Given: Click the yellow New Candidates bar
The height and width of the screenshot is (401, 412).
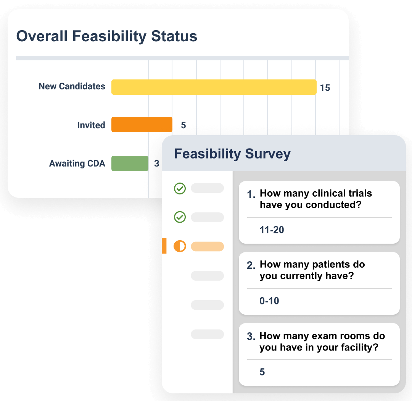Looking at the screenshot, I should (x=214, y=87).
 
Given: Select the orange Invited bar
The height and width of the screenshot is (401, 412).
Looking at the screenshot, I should (x=142, y=125).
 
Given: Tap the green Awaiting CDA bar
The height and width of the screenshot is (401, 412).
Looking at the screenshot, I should (x=130, y=163).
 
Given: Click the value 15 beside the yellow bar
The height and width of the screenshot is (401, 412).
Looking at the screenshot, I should (x=325, y=88).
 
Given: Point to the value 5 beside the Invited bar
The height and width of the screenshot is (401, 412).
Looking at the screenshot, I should (x=183, y=125).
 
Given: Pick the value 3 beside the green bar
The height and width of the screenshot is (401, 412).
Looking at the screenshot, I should (x=156, y=163).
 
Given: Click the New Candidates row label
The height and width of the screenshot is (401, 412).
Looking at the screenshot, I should (x=72, y=86).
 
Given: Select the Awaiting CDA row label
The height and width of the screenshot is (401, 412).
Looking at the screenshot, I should (x=77, y=163).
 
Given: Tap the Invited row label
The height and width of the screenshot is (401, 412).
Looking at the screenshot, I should (x=91, y=125).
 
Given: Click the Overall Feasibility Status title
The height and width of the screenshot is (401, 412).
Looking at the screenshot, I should (x=107, y=36).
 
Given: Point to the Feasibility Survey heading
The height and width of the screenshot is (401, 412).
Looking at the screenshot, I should (x=232, y=154).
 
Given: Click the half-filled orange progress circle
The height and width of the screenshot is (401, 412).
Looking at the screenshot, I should (x=180, y=246).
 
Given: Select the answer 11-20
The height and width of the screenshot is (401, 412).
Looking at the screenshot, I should (x=272, y=230).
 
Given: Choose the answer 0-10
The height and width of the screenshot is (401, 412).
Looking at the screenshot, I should (x=269, y=301).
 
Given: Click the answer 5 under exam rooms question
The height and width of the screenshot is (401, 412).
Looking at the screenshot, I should (x=262, y=372).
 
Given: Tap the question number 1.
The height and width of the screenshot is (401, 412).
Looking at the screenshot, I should (x=251, y=195).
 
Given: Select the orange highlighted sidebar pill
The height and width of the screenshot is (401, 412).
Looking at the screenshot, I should (x=207, y=246).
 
